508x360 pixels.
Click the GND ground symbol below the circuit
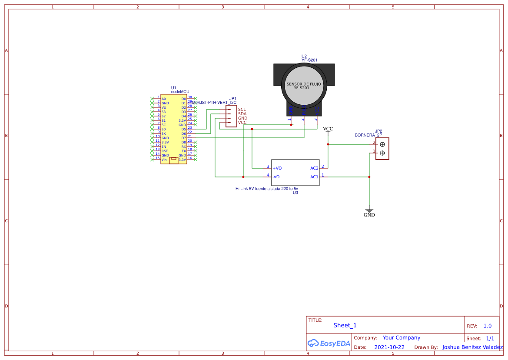point(369,213)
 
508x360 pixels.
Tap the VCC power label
point(328,129)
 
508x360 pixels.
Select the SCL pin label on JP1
point(242,110)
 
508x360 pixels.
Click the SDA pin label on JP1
point(242,114)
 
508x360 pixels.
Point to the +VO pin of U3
point(277,168)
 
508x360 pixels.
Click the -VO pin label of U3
point(276,177)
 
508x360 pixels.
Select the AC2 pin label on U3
point(314,168)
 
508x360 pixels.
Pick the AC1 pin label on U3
point(314,177)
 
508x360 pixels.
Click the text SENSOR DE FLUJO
point(304,84)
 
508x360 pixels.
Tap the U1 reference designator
point(174,88)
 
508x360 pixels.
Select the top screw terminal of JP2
point(382,144)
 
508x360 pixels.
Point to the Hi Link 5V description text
point(266,189)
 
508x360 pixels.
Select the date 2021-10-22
point(389,347)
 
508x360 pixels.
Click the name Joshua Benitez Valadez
point(472,347)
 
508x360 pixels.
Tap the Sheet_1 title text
point(345,325)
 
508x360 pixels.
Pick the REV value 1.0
point(487,326)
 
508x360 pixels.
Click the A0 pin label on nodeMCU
point(163,99)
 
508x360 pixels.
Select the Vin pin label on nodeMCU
point(164,160)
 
